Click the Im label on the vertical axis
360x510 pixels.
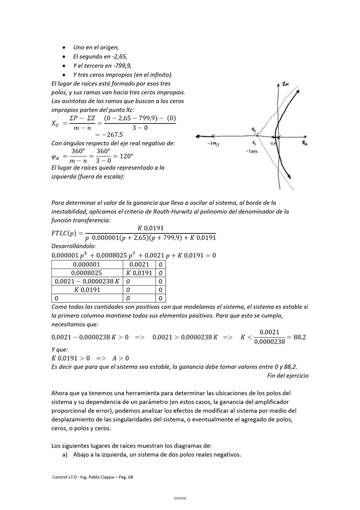pyautogui.click(x=285, y=84)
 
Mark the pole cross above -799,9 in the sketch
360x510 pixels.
pyautogui.click(x=213, y=135)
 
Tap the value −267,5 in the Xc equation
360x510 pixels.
pyautogui.click(x=109, y=134)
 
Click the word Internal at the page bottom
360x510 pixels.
pyautogui.click(x=180, y=498)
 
